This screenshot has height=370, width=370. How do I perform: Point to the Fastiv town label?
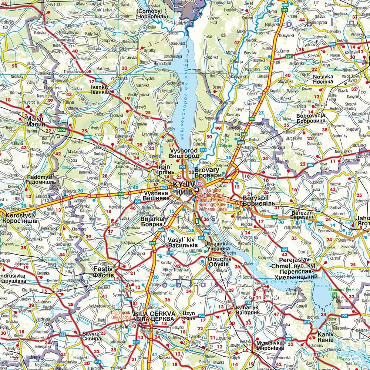coord(103,270)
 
